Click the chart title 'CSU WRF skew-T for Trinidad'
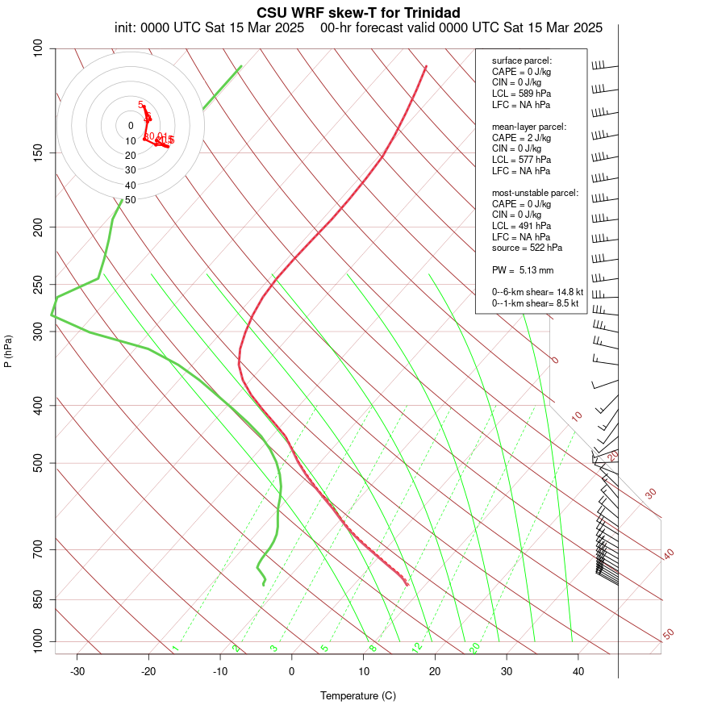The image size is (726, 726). coord(358,13)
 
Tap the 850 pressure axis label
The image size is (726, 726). coord(37,599)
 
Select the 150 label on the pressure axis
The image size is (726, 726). coord(37,152)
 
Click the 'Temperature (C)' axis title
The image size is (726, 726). coord(358,695)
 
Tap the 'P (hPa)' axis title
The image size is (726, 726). coord(8,351)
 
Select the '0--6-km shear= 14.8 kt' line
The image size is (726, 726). coord(537,292)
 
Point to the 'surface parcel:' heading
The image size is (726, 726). coord(521,60)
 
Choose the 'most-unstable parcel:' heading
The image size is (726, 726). coord(535,193)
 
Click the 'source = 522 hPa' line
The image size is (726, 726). coord(527,248)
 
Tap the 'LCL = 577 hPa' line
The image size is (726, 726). coord(521,160)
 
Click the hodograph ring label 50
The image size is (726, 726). coord(131,199)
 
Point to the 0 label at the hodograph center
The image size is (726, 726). coord(131,126)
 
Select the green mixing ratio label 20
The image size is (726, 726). coord(474,648)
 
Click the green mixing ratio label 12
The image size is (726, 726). coord(417,648)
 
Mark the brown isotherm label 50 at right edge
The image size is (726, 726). coord(668,635)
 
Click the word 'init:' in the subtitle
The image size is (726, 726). coord(127,27)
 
